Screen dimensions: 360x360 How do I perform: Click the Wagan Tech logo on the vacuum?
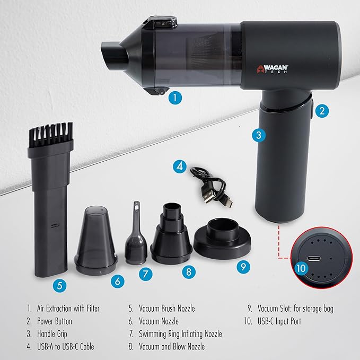pos(273,69)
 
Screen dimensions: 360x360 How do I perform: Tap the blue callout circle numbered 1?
pos(175,98)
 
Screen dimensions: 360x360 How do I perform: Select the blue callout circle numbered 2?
pos(322,111)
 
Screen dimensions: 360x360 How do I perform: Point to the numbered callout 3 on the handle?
pos(259,135)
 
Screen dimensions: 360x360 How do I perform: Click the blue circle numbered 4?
pos(180,166)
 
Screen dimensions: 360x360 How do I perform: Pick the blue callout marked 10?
pos(301,268)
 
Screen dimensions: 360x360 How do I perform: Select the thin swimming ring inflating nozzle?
pos(136,234)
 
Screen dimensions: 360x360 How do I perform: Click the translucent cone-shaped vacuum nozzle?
pos(96,240)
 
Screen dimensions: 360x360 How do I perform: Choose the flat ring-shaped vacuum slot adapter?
pos(222,238)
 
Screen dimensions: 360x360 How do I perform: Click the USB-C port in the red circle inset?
pos(314,259)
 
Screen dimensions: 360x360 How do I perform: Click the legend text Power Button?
pos(55,321)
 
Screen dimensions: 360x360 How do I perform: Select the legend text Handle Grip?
pos(52,334)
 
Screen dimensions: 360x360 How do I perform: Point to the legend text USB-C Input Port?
pos(279,321)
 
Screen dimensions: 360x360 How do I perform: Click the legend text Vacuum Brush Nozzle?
pos(167,309)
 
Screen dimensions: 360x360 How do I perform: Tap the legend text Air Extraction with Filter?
pos(68,309)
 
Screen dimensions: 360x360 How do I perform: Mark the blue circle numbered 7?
pos(146,274)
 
